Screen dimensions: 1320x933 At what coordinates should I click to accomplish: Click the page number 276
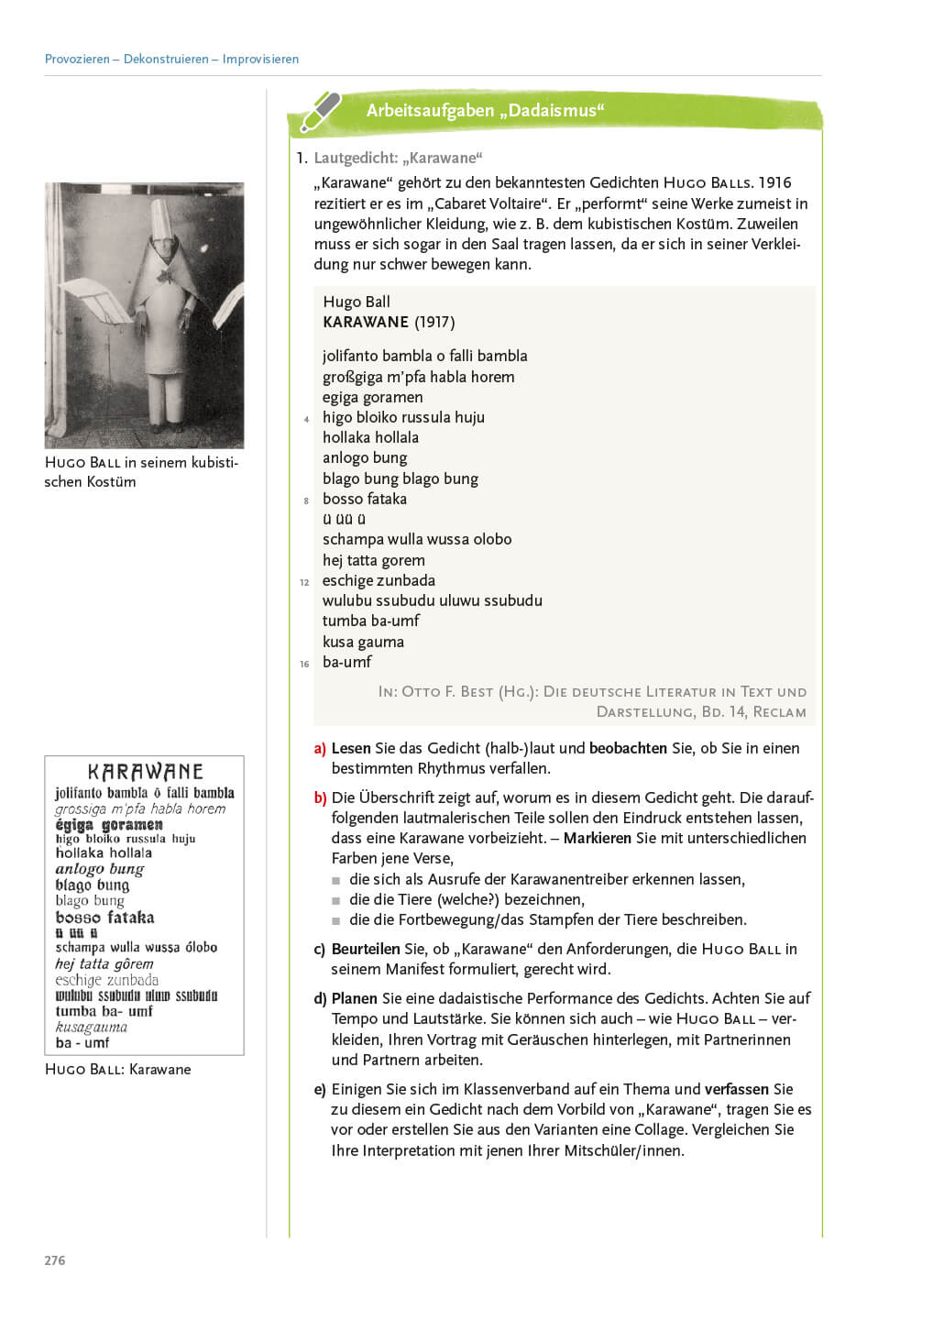click(55, 1260)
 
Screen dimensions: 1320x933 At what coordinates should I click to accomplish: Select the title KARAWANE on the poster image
click(145, 772)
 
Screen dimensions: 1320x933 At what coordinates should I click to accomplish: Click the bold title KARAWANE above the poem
click(366, 322)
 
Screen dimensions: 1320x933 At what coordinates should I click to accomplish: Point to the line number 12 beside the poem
click(304, 582)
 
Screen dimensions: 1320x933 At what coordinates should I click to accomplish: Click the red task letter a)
click(320, 748)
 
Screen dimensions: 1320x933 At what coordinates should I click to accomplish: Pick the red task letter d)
click(320, 998)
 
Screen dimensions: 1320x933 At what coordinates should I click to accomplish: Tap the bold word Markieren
click(597, 838)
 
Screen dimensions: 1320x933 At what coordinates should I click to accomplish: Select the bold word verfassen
click(736, 1089)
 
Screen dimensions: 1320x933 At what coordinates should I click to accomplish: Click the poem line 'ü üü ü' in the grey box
click(344, 519)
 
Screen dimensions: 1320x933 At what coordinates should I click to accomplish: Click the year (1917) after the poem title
click(434, 322)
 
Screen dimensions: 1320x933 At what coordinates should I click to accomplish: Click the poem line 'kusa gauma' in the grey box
click(363, 642)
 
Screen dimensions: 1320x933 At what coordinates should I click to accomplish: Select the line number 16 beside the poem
click(304, 664)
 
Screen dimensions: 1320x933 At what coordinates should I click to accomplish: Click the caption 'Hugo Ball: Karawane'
click(117, 1069)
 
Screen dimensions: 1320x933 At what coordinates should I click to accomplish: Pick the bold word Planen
click(355, 998)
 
